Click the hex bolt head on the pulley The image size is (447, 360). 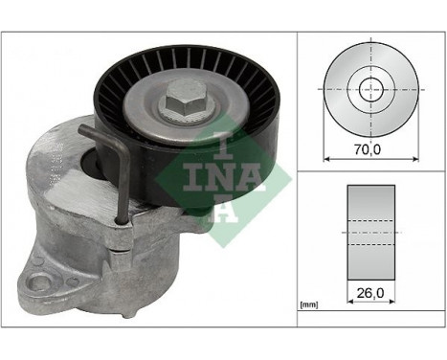coord(181,101)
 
